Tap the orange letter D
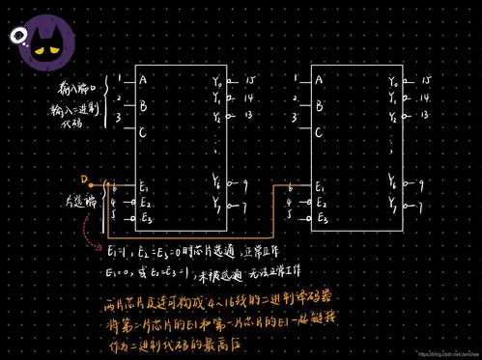click(84, 180)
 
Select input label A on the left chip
click(143, 79)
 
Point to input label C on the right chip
click(319, 131)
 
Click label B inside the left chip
click(143, 105)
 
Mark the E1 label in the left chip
click(144, 187)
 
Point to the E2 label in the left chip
click(145, 203)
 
